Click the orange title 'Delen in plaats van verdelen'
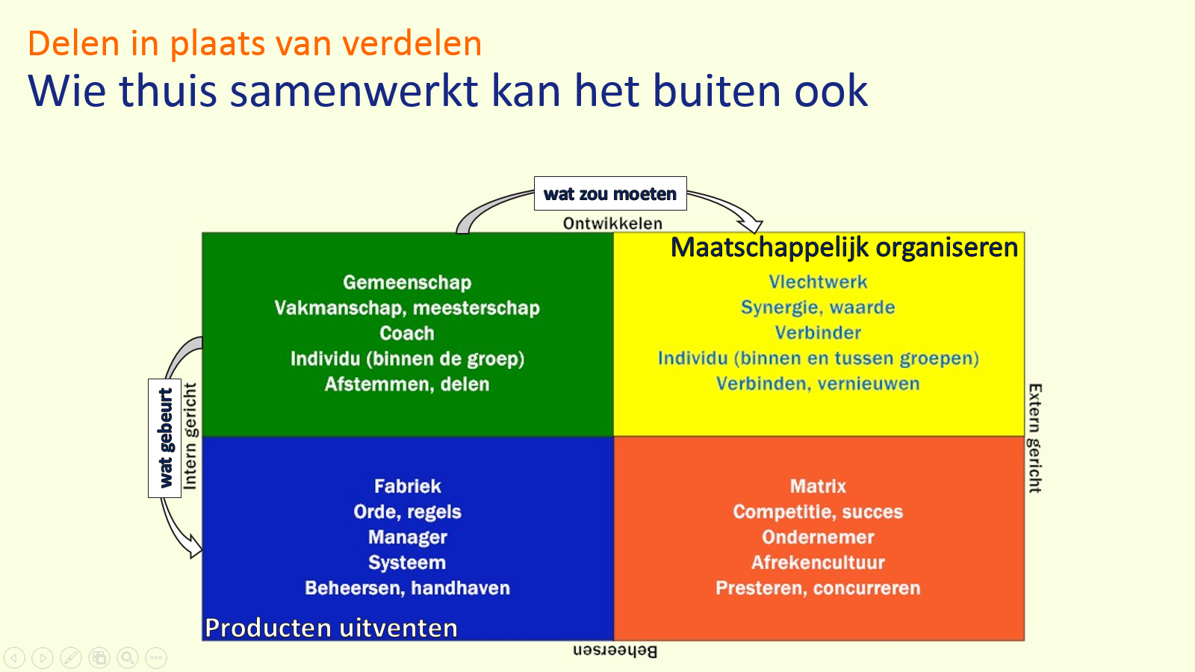pyautogui.click(x=255, y=43)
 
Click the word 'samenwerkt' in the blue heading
pyautogui.click(x=353, y=91)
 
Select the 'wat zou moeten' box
pyautogui.click(x=610, y=194)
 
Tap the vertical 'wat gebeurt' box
pyautogui.click(x=165, y=438)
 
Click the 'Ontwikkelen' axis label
pyautogui.click(x=612, y=223)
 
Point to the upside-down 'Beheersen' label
pyautogui.click(x=615, y=650)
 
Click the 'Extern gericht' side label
pyautogui.click(x=1034, y=438)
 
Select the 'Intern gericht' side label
pyautogui.click(x=190, y=436)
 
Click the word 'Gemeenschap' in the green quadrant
pyautogui.click(x=407, y=282)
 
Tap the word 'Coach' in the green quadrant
pyautogui.click(x=407, y=333)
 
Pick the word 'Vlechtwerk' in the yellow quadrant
pyautogui.click(x=818, y=282)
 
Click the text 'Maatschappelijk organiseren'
pyautogui.click(x=844, y=247)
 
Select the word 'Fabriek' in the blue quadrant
pyautogui.click(x=407, y=486)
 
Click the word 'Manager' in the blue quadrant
pyautogui.click(x=407, y=537)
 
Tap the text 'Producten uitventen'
pyautogui.click(x=331, y=628)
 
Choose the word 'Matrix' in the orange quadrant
pyautogui.click(x=818, y=486)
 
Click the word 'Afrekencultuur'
pyautogui.click(x=818, y=562)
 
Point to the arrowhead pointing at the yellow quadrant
pyautogui.click(x=751, y=224)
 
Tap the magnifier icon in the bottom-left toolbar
pyautogui.click(x=128, y=657)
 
